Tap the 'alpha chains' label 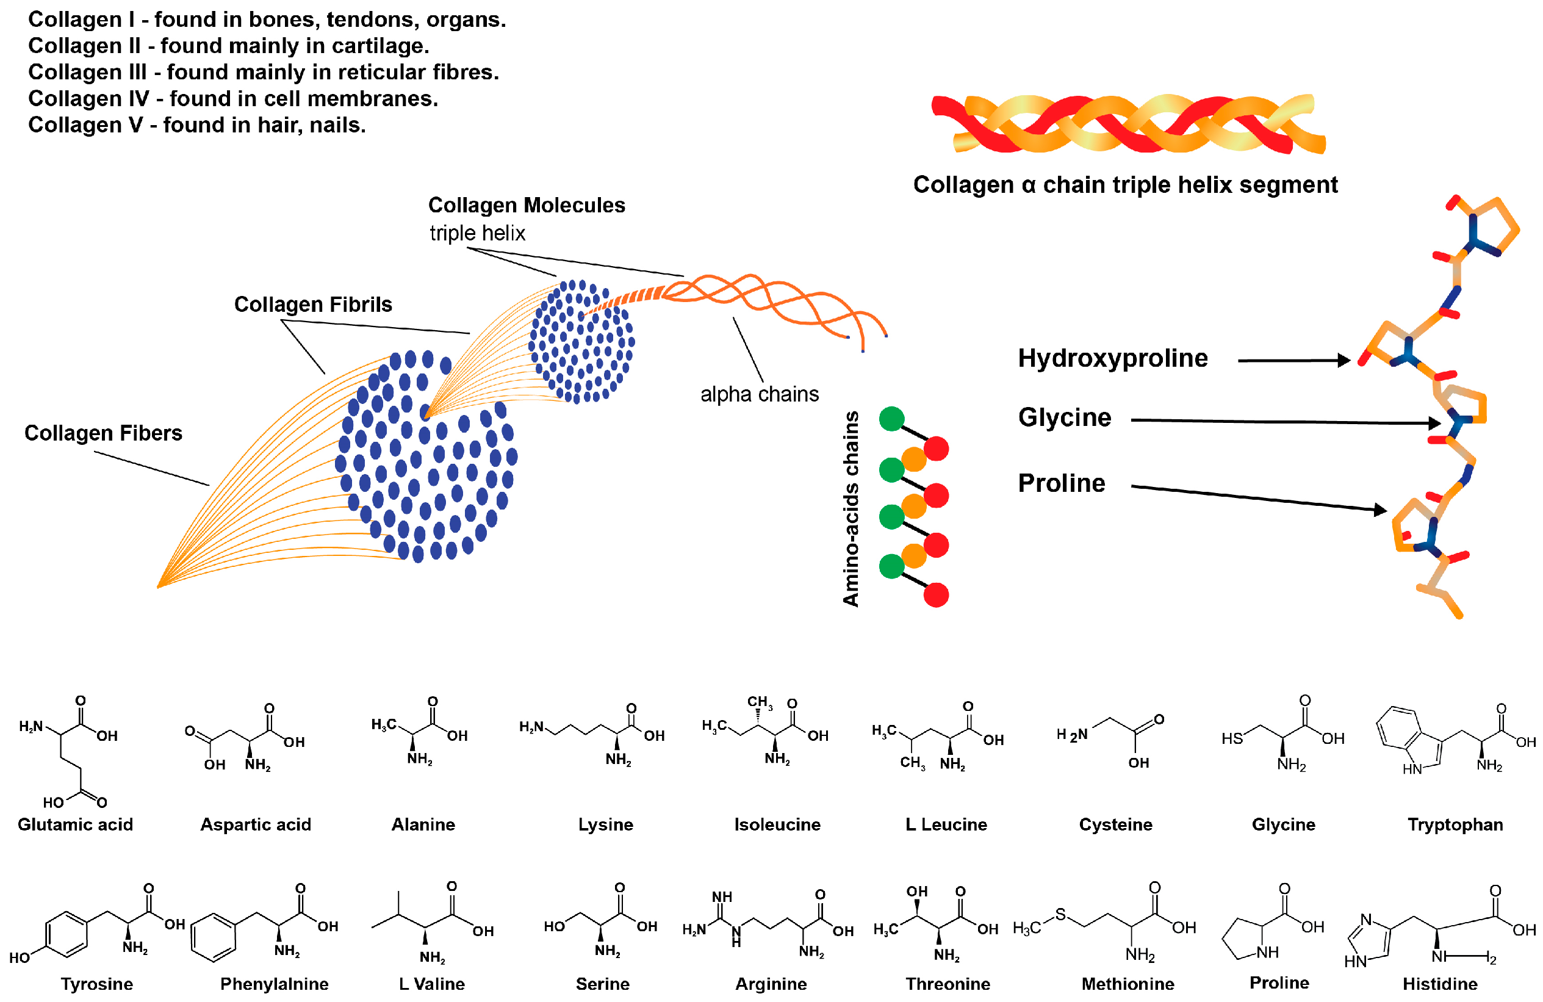click(759, 394)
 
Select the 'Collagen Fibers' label click(103, 433)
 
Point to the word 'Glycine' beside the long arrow click(1065, 417)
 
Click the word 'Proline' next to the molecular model click(1061, 483)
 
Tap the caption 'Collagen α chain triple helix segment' click(1125, 185)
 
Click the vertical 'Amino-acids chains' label click(850, 508)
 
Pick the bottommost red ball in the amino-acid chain click(935, 595)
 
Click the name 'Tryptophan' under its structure click(1455, 824)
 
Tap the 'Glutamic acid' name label click(75, 824)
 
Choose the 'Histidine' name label click(1439, 984)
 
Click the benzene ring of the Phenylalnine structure click(214, 937)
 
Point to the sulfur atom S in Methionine click(1060, 915)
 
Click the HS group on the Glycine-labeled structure click(1232, 739)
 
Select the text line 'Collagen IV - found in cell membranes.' click(234, 99)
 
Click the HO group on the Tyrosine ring click(19, 957)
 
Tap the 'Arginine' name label click(771, 984)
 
